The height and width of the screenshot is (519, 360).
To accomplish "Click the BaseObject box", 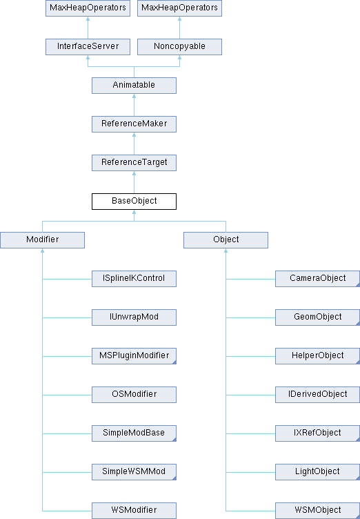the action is point(134,202).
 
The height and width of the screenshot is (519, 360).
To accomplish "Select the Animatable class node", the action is point(134,86).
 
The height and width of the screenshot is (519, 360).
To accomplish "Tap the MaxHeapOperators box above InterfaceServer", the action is point(88,8).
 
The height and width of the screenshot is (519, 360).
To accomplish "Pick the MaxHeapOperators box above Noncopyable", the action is point(180,8).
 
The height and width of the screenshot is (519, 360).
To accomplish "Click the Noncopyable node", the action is point(180,47).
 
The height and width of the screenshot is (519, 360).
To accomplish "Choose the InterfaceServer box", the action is point(88,47).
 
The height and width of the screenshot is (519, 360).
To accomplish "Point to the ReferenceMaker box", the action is point(134,124).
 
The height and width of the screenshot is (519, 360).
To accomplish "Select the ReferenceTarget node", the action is point(134,163).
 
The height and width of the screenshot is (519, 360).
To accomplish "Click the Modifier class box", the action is point(42,240).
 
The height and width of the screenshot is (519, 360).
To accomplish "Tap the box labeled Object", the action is point(226,240).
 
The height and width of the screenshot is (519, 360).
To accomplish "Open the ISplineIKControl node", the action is point(134,279).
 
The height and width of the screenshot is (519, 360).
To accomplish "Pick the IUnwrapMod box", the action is point(134,317).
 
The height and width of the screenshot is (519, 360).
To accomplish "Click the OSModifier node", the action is point(134,395).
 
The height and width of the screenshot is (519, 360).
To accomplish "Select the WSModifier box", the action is point(134,511).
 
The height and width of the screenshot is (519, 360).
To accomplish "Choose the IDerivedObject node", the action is point(318,395).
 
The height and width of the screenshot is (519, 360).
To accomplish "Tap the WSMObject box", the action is point(318,511).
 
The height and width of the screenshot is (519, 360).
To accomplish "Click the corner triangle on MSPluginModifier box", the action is point(174,362).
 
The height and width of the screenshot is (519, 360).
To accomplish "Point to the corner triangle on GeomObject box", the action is point(358,324).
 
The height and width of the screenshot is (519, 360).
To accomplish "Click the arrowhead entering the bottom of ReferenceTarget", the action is point(134,173).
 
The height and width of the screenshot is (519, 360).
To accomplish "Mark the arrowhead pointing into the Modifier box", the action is point(42,251).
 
